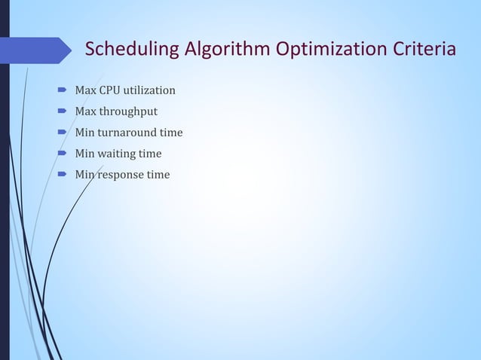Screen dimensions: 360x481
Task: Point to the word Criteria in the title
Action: (x=422, y=50)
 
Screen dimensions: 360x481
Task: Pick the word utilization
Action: (x=150, y=91)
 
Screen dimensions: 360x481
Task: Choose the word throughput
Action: (x=128, y=112)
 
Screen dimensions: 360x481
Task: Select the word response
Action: (x=121, y=175)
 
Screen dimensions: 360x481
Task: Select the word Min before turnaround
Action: (x=84, y=133)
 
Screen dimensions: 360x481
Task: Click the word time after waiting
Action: (x=149, y=154)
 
